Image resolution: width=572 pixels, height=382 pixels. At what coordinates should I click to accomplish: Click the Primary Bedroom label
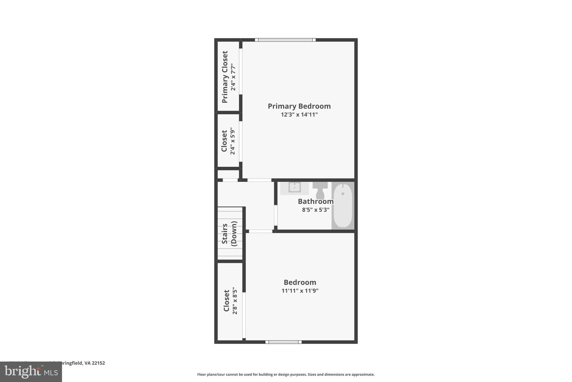click(x=299, y=106)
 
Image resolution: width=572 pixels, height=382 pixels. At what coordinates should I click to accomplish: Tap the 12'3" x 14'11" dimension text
click(x=299, y=115)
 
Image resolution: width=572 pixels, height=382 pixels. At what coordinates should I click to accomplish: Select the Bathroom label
click(x=316, y=201)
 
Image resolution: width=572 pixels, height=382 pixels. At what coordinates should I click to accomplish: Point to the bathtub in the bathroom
click(x=342, y=205)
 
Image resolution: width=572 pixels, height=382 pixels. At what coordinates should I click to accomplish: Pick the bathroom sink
click(x=294, y=187)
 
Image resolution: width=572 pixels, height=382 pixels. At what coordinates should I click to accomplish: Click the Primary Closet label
click(x=225, y=77)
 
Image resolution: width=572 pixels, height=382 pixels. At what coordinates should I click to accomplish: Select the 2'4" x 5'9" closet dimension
click(x=233, y=141)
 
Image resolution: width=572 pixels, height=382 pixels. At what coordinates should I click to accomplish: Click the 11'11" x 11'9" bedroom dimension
click(x=300, y=291)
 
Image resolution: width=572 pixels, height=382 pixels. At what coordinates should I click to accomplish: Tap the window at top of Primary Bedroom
click(x=285, y=40)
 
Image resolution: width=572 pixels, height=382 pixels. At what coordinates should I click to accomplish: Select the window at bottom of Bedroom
click(x=283, y=342)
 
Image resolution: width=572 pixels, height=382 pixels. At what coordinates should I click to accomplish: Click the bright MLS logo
click(x=31, y=372)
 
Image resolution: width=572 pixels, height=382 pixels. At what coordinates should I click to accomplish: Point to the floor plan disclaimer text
click(x=286, y=374)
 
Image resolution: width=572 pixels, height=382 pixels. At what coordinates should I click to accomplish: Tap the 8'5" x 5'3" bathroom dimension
click(x=316, y=210)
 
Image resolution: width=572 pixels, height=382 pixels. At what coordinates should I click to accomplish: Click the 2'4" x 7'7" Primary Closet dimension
click(x=233, y=77)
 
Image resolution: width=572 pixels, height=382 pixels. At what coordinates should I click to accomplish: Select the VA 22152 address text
click(x=95, y=363)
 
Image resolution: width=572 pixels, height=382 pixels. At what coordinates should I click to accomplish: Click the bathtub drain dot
click(x=342, y=194)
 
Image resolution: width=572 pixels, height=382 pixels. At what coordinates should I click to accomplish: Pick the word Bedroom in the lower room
click(x=300, y=283)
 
